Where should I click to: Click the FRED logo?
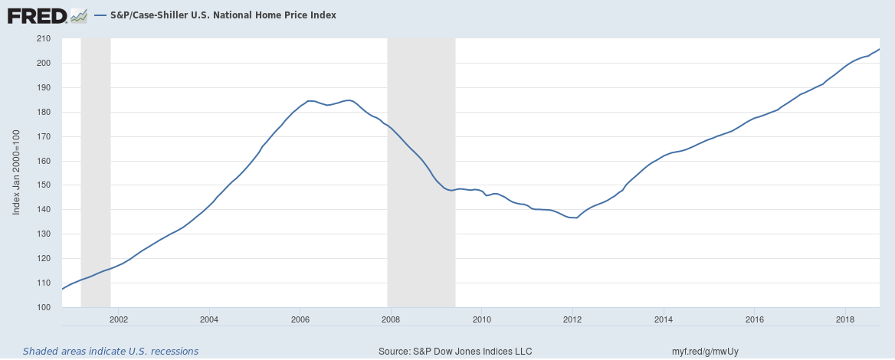point(37,15)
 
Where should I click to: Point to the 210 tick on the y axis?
point(43,38)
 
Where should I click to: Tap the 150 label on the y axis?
point(43,185)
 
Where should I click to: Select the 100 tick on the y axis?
point(43,308)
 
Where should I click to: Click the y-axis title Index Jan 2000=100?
point(16,173)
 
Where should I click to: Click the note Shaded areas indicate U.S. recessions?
point(110,351)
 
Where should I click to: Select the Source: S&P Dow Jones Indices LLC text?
point(455,351)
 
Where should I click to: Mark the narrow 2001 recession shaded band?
point(96,172)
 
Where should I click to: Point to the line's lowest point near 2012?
point(575,218)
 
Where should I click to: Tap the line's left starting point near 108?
point(61,289)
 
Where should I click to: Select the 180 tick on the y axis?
point(43,112)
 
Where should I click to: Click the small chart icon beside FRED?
point(78,15)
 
